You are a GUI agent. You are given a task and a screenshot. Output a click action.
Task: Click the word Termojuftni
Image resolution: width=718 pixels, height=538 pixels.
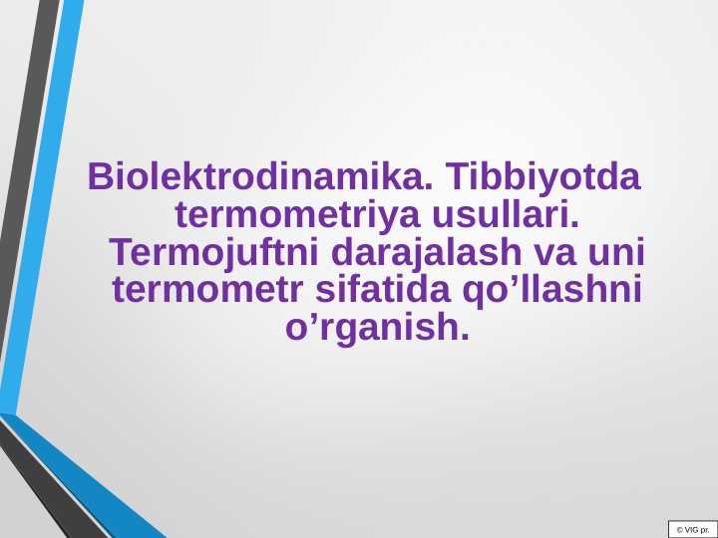point(209,252)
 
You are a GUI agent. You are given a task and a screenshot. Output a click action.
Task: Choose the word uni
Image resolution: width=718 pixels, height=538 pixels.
point(618,252)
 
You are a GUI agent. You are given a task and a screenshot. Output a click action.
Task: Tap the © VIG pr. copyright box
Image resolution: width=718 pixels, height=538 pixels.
point(692,529)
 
